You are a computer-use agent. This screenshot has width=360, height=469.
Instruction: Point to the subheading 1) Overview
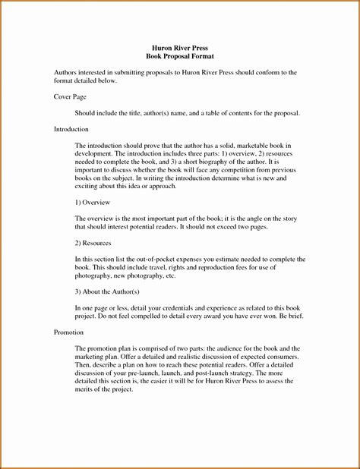93,203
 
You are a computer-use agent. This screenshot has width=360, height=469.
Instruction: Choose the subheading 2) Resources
93,243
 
